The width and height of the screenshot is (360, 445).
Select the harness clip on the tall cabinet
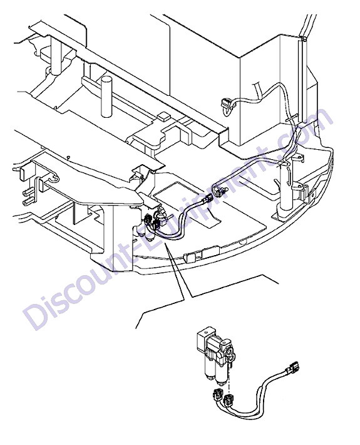(x=227, y=105)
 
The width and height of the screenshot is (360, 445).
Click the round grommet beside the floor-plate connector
(x=219, y=191)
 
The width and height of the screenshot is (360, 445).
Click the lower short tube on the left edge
(x=27, y=202)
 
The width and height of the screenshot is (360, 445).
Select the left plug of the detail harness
(x=217, y=395)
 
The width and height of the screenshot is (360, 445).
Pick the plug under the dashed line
(x=229, y=401)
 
